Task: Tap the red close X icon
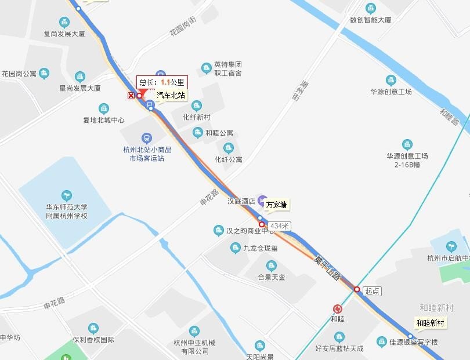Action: pos(131,96)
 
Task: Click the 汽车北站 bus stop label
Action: pos(171,95)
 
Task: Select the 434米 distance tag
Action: pos(280,225)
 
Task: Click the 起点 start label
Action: pos(373,291)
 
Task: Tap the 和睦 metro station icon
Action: pos(338,309)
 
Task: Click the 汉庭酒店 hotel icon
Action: pos(262,200)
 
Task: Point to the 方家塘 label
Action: pos(277,205)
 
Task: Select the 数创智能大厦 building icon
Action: pos(371,8)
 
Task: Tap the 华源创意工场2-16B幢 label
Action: pos(407,160)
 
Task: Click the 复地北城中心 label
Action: pos(104,121)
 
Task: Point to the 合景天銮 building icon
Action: pos(271,266)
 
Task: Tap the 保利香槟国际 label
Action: pos(93,340)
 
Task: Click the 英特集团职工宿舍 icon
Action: pos(206,68)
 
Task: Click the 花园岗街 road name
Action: pos(183,27)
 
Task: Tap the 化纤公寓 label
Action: pos(229,159)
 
